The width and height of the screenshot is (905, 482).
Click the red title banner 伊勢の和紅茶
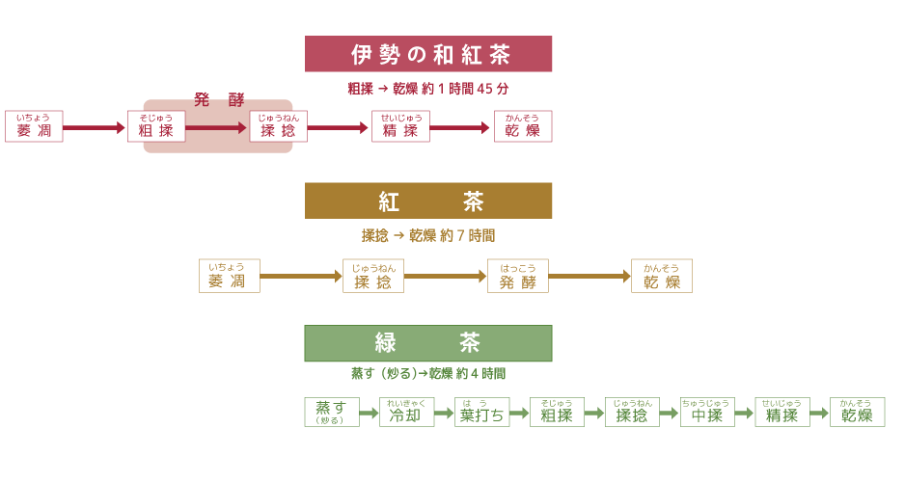pyautogui.click(x=428, y=54)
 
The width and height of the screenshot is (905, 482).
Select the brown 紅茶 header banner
pyautogui.click(x=428, y=201)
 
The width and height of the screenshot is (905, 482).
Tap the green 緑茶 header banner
pyautogui.click(x=428, y=343)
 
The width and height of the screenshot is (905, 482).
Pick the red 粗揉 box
pyautogui.click(x=156, y=127)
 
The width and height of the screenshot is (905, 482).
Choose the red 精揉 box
pyautogui.click(x=400, y=127)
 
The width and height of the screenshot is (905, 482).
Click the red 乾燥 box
pyautogui.click(x=523, y=127)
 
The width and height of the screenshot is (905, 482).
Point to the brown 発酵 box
pyautogui.click(x=518, y=277)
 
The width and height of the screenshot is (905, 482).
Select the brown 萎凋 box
pyautogui.click(x=228, y=277)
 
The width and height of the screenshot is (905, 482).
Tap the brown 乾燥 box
pyautogui.click(x=662, y=277)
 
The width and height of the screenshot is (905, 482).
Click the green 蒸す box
pyautogui.click(x=331, y=413)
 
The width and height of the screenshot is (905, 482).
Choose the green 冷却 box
pyautogui.click(x=405, y=413)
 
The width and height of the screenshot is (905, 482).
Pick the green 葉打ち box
pyautogui.click(x=481, y=413)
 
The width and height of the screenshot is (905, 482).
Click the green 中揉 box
pyautogui.click(x=707, y=413)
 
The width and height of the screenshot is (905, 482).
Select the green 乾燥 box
pyautogui.click(x=858, y=413)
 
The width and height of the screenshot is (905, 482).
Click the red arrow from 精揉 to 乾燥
pyautogui.click(x=461, y=127)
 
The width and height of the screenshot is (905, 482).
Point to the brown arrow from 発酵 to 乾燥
pyautogui.click(x=590, y=277)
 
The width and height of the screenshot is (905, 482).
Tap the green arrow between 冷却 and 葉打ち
pyautogui.click(x=444, y=414)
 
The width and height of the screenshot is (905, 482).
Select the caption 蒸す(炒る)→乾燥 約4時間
pyautogui.click(x=428, y=373)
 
